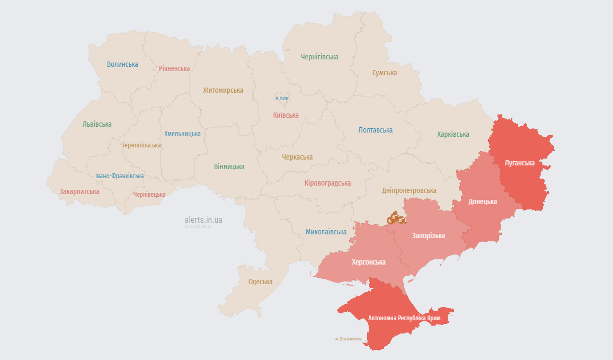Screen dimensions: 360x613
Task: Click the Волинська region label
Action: (122, 64)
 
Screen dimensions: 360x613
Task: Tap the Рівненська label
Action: (174, 68)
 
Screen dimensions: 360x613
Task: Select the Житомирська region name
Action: (223, 90)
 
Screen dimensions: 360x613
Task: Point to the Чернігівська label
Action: (319, 57)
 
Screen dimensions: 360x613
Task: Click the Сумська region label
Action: (385, 73)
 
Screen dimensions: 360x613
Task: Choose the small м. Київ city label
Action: (281, 98)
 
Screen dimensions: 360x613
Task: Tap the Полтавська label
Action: (376, 130)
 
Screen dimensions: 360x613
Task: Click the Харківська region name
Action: (453, 134)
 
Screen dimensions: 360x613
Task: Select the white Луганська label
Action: (520, 163)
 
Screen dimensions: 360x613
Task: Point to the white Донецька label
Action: (483, 202)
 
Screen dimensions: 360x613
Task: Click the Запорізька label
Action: (429, 235)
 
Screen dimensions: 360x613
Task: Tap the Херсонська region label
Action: (369, 262)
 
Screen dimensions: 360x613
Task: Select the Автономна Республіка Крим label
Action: (404, 318)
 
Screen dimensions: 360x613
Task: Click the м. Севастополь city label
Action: (349, 339)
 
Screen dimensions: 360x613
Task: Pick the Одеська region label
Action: (260, 282)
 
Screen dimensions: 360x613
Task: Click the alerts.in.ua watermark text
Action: (203, 219)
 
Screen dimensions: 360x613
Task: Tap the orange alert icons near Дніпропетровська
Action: (395, 218)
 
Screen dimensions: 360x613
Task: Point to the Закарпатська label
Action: (79, 191)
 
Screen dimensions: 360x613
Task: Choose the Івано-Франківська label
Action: (119, 176)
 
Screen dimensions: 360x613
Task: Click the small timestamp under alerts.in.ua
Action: (198, 226)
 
